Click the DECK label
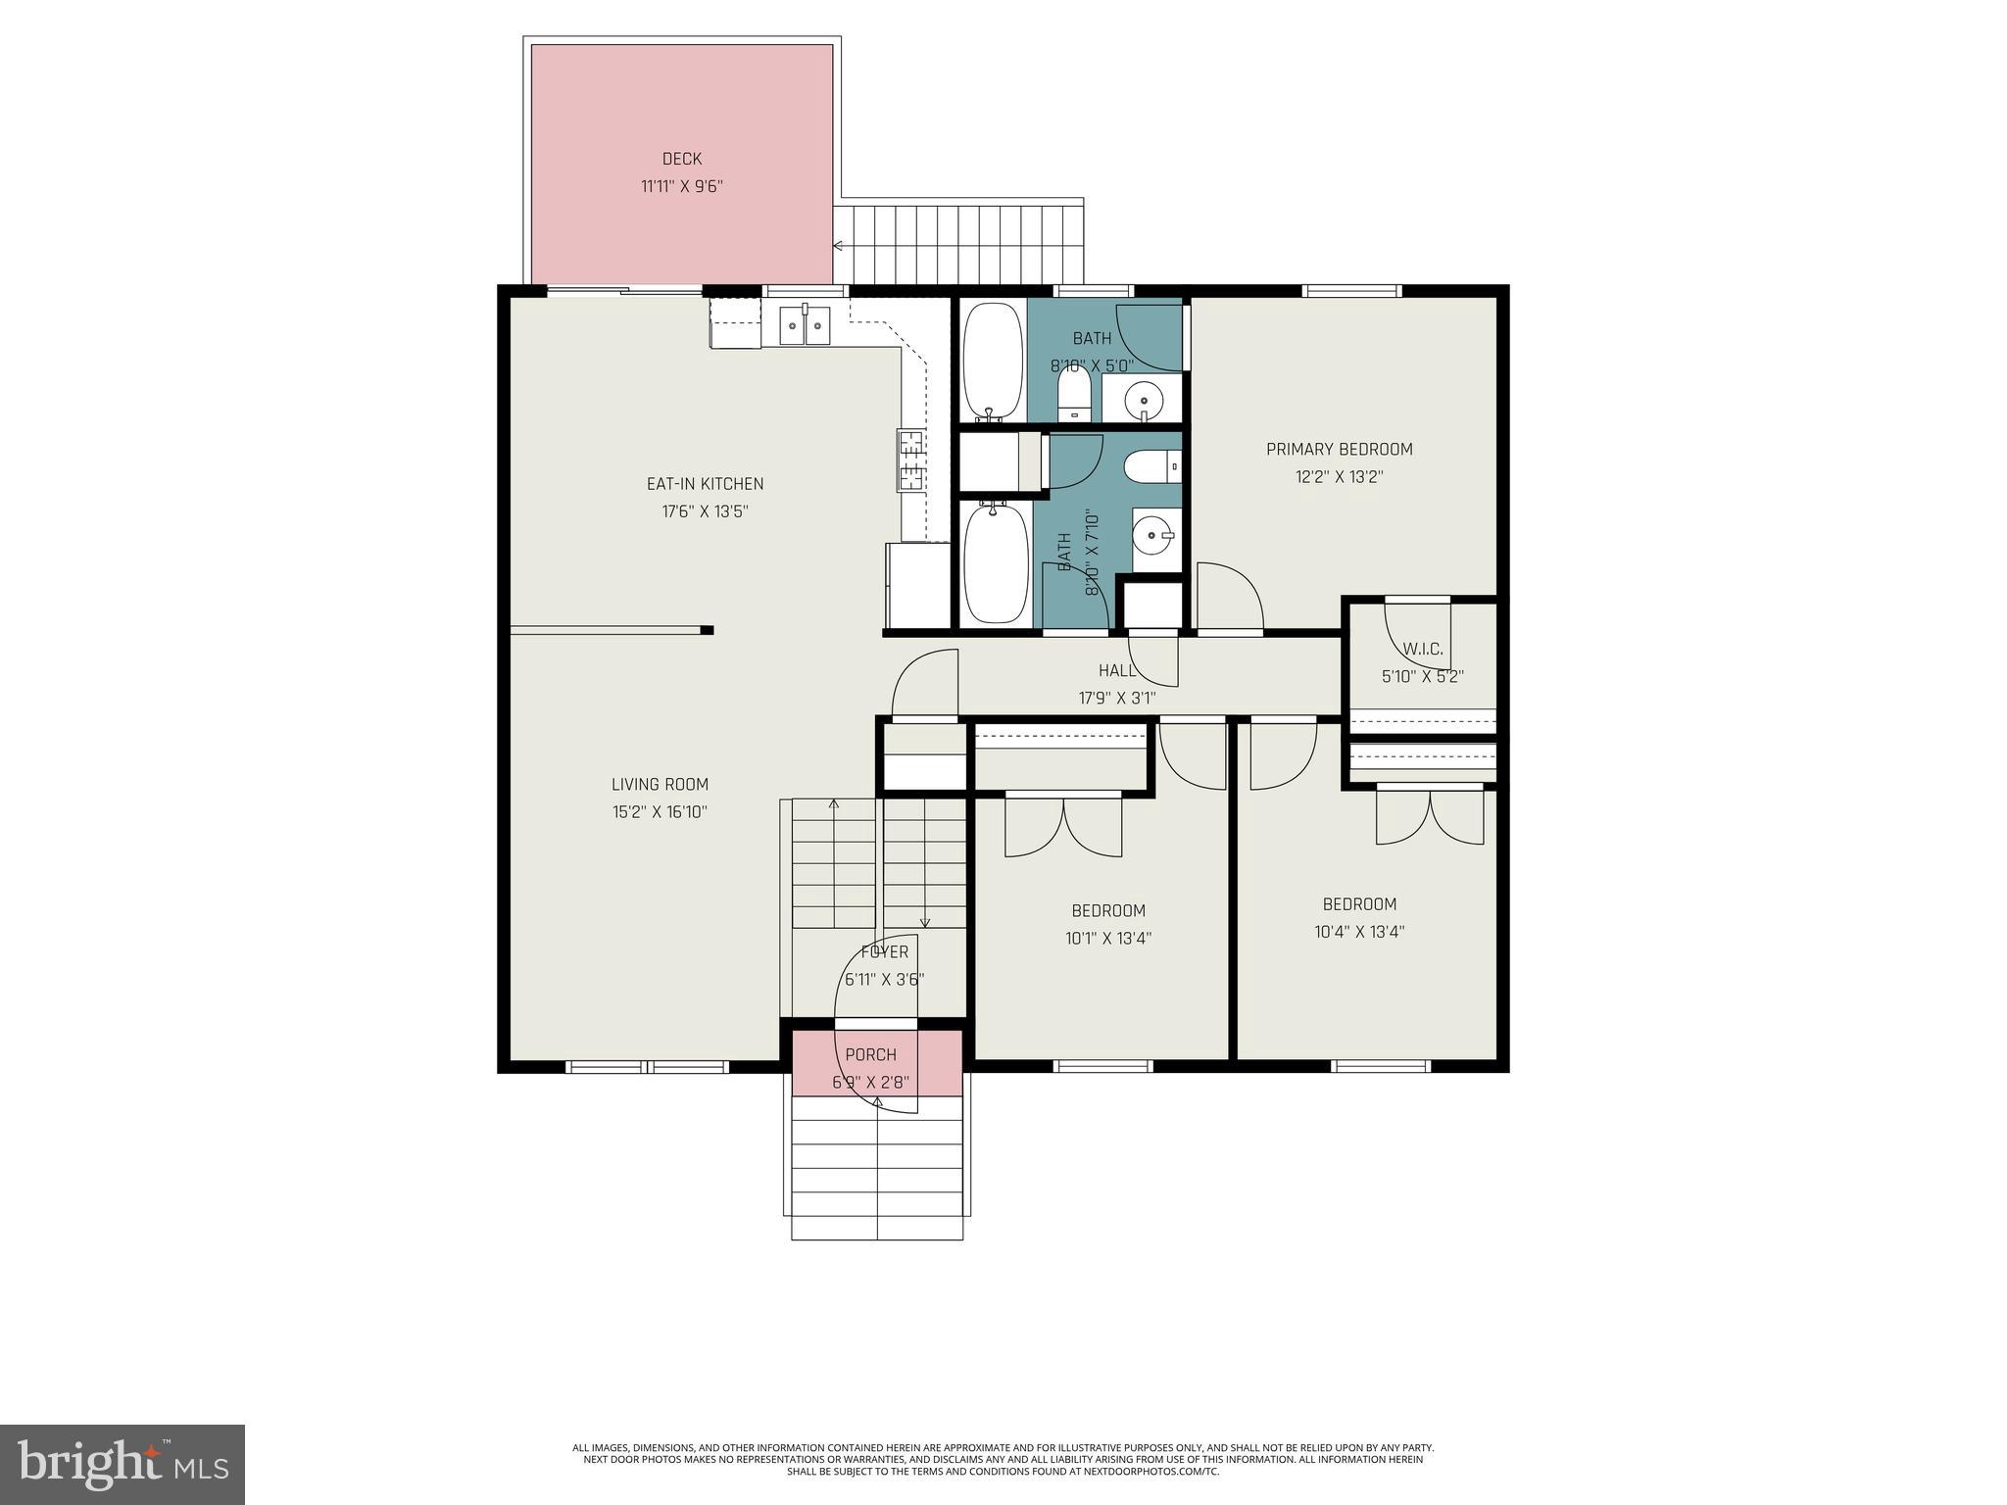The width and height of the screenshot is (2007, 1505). click(x=681, y=159)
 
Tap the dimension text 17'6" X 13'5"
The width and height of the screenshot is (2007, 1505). click(x=705, y=511)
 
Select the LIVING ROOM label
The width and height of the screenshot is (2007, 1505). click(x=660, y=784)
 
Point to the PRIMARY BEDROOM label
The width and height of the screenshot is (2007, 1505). click(x=1339, y=450)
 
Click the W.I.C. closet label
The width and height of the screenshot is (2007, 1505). click(x=1422, y=649)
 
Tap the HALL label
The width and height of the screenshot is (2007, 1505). click(x=1117, y=671)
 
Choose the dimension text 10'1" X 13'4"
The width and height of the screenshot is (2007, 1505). click(x=1107, y=939)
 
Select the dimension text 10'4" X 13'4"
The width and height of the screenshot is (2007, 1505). click(x=1359, y=932)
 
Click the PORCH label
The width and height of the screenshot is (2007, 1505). click(x=870, y=1055)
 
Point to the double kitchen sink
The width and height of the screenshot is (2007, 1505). click(x=805, y=324)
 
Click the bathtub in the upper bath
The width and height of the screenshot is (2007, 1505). click(x=993, y=361)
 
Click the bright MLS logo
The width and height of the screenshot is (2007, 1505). click(x=122, y=1465)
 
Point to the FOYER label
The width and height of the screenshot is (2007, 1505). click(x=884, y=952)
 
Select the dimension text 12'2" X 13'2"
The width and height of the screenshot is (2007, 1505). click(x=1339, y=477)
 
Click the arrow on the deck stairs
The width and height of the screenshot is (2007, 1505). click(x=839, y=246)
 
